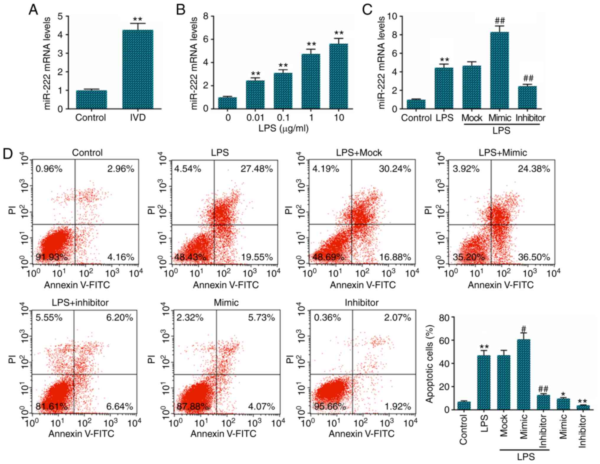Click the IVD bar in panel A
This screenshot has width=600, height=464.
[138, 69]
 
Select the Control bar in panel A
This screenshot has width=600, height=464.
[91, 100]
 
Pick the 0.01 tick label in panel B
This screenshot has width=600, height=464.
[255, 118]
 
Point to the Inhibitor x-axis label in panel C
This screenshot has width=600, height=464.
[530, 118]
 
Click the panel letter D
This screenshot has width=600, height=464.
[8, 154]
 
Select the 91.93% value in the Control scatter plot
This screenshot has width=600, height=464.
[51, 257]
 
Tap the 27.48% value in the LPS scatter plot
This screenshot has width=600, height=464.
[256, 169]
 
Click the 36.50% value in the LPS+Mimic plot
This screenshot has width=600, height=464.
[534, 257]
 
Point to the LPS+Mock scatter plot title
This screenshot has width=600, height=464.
[359, 152]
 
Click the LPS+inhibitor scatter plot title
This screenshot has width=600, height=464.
[80, 303]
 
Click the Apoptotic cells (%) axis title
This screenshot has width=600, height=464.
[430, 364]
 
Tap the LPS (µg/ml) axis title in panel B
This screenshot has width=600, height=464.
[283, 128]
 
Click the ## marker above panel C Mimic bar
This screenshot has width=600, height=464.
[500, 21]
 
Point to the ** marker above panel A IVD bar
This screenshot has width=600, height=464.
[138, 20]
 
